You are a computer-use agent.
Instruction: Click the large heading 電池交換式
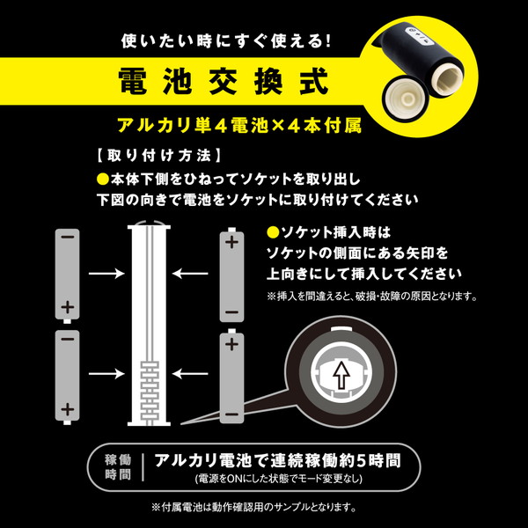pyautogui.click(x=224, y=81)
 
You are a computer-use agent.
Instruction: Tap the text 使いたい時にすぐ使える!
pyautogui.click(x=226, y=41)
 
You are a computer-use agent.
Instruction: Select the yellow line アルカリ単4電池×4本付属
pyautogui.click(x=239, y=126)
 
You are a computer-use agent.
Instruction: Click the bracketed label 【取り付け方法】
pyautogui.click(x=158, y=156)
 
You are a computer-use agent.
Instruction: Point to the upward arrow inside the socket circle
pyautogui.click(x=341, y=376)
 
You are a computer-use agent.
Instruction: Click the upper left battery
pyautogui.click(x=68, y=275)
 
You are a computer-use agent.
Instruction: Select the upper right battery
pyautogui.click(x=231, y=275)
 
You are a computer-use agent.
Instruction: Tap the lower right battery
pyautogui.click(x=231, y=376)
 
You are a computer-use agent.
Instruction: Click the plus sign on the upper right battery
pyautogui.click(x=231, y=242)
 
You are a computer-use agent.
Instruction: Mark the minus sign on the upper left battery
pyautogui.click(x=68, y=237)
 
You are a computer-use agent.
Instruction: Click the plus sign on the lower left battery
pyautogui.click(x=68, y=409)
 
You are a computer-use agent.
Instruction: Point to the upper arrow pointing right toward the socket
pyautogui.click(x=106, y=274)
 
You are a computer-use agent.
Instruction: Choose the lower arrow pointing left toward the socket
pyautogui.click(x=190, y=374)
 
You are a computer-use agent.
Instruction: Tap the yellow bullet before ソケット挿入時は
pyautogui.click(x=273, y=232)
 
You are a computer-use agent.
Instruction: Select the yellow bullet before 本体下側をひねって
pyautogui.click(x=103, y=179)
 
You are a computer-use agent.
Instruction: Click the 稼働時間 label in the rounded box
pyautogui.click(x=118, y=467)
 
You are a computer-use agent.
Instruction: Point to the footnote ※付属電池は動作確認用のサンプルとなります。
pyautogui.click(x=254, y=507)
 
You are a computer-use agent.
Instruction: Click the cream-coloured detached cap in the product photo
pyautogui.click(x=407, y=99)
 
